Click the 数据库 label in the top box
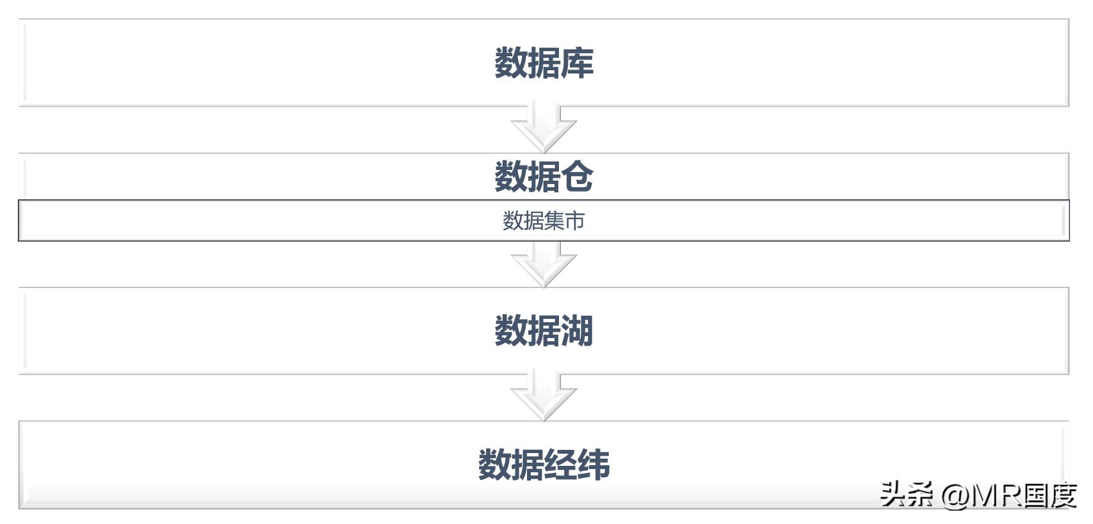click(544, 63)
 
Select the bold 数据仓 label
click(544, 176)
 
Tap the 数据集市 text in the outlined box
click(544, 220)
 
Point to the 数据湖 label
click(544, 330)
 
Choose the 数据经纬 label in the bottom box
click(544, 465)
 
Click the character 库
click(577, 63)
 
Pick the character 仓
click(577, 176)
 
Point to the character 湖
click(577, 330)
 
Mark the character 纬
click(594, 465)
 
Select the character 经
click(561, 465)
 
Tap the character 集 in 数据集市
click(554, 220)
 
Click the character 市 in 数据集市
click(575, 220)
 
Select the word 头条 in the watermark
click(906, 494)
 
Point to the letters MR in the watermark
click(997, 496)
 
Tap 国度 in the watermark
click(1050, 495)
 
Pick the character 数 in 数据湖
click(510, 330)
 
